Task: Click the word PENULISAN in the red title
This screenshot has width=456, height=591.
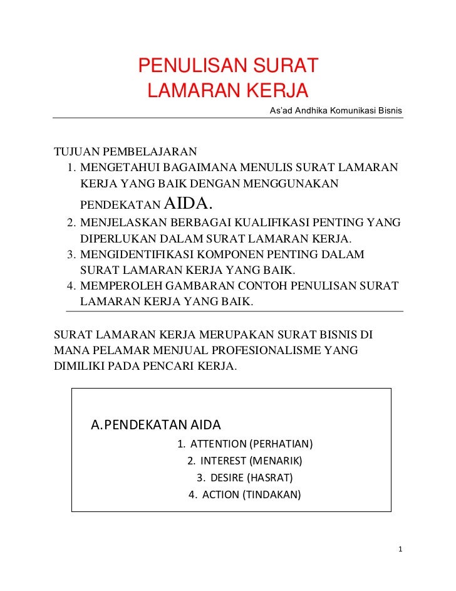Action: (x=185, y=65)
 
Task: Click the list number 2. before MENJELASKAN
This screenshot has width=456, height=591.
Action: (x=71, y=224)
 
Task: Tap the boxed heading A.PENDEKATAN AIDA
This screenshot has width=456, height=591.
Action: (x=156, y=424)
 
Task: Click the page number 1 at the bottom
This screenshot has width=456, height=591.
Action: (x=400, y=550)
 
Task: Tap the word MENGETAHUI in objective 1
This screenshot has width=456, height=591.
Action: (x=120, y=168)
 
